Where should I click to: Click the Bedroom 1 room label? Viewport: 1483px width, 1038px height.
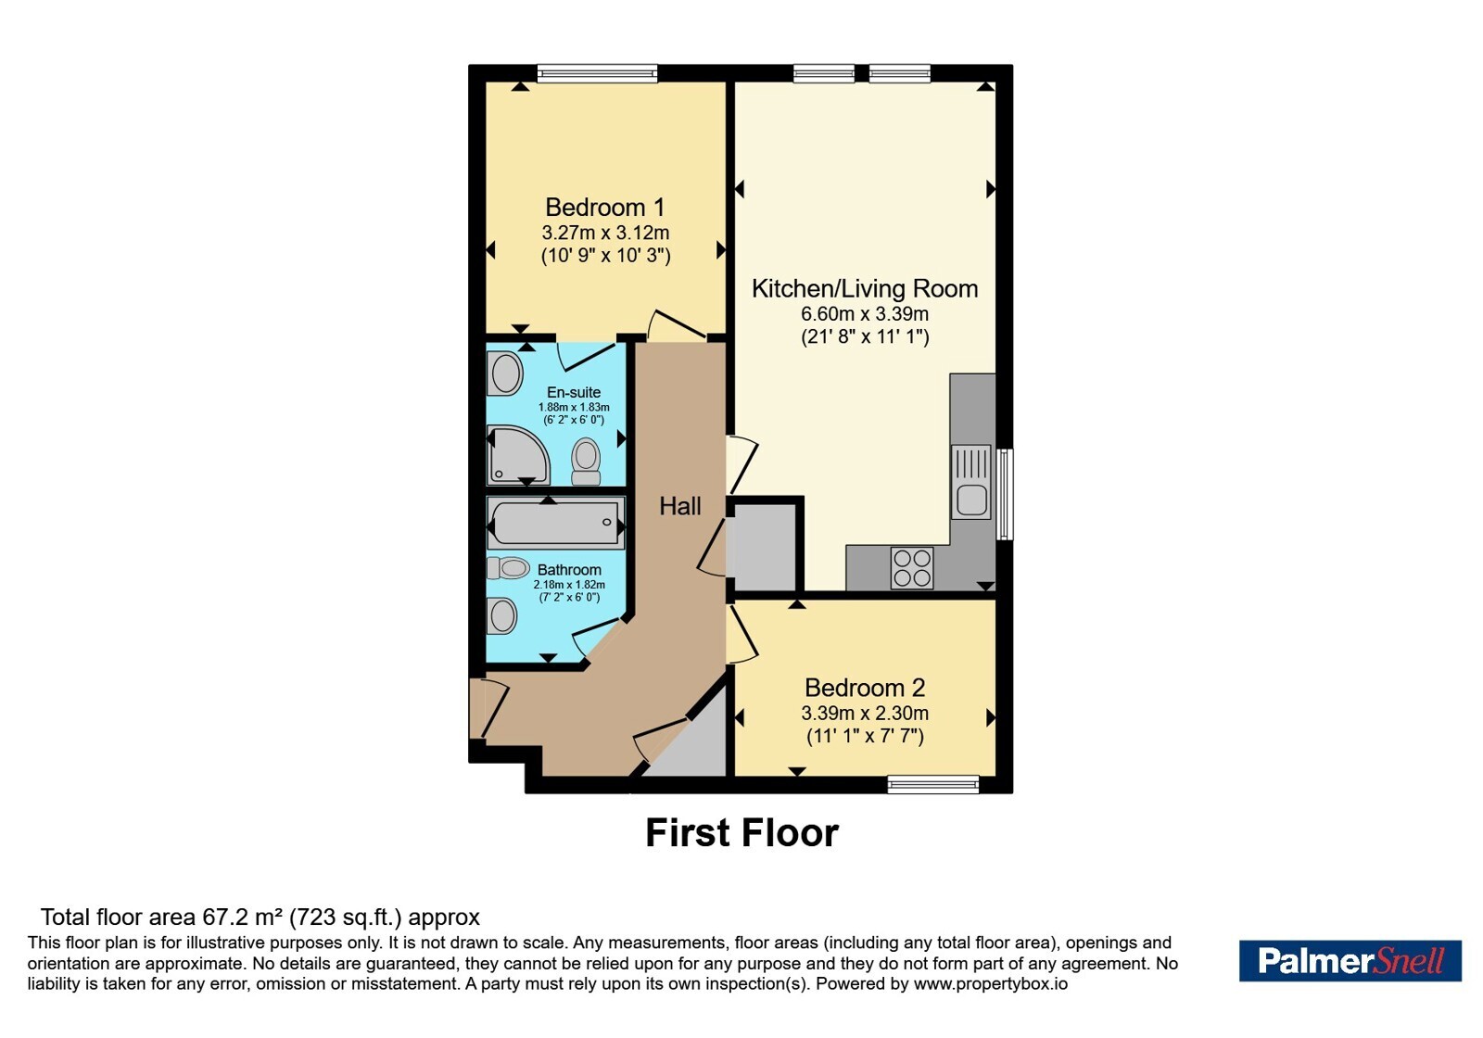pos(604,208)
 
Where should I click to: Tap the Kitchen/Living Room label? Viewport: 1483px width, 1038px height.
pos(865,288)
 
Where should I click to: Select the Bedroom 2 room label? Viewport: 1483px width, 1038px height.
pos(865,688)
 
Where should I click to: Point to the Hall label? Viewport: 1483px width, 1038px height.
pos(680,506)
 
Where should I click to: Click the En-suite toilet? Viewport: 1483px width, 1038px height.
pos(586,462)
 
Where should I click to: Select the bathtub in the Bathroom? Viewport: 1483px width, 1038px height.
pos(555,523)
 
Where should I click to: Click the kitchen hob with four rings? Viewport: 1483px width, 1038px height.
pos(912,568)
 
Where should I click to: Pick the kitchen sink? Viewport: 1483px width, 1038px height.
pos(971,481)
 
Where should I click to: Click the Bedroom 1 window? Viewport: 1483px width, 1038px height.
pos(597,73)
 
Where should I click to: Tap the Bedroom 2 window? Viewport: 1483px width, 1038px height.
pos(932,784)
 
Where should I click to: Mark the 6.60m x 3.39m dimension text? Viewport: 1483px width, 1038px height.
pos(865,314)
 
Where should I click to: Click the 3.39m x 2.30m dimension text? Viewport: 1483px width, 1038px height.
pos(865,714)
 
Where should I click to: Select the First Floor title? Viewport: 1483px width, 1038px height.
pos(742,833)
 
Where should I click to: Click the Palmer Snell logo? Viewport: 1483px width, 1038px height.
pos(1350,960)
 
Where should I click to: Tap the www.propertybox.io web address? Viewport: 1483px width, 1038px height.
pos(991,983)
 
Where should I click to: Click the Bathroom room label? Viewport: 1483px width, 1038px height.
pos(569,570)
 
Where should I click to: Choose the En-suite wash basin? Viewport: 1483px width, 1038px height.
pos(505,373)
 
